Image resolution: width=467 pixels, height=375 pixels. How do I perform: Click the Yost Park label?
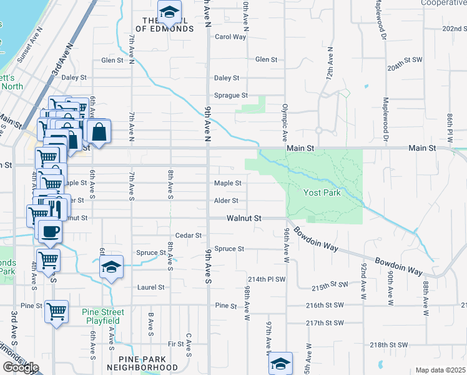(322, 192)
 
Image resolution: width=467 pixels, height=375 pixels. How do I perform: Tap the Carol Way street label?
(230, 37)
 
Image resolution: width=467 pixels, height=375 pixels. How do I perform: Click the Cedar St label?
(189, 236)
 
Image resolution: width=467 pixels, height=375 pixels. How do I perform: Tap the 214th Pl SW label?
(267, 279)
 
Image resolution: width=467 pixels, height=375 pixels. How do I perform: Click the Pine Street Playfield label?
(103, 316)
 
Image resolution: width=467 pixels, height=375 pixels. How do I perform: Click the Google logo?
(20, 367)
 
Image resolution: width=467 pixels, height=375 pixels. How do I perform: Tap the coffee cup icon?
(50, 231)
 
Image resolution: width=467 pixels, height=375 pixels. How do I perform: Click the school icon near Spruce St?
(111, 267)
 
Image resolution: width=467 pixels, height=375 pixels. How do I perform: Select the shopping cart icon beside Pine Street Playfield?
(56, 310)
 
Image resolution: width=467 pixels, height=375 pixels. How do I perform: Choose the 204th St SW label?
(405, 67)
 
